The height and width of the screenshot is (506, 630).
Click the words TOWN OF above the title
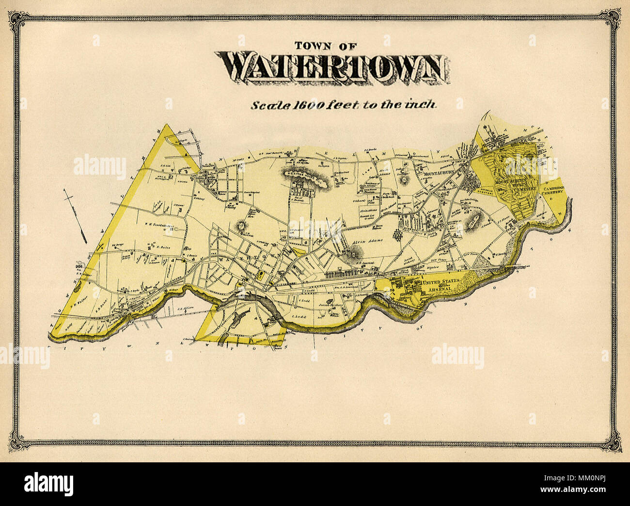pyautogui.click(x=326, y=47)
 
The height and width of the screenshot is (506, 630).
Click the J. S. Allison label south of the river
pyautogui.click(x=186, y=309)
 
